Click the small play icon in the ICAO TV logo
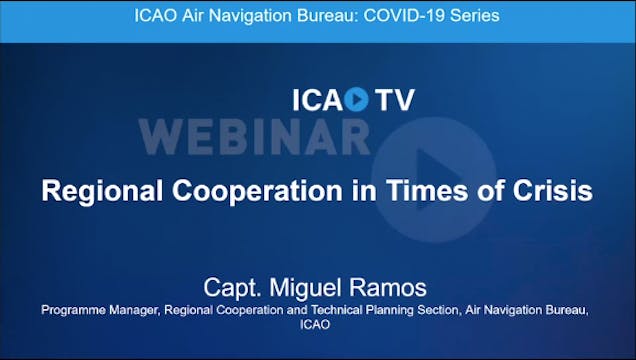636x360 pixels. coord(357,100)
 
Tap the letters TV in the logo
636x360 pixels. coord(394,100)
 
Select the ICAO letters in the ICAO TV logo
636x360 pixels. coord(317,100)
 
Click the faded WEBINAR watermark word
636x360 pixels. coord(255,136)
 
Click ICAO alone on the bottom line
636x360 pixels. coord(317,325)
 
